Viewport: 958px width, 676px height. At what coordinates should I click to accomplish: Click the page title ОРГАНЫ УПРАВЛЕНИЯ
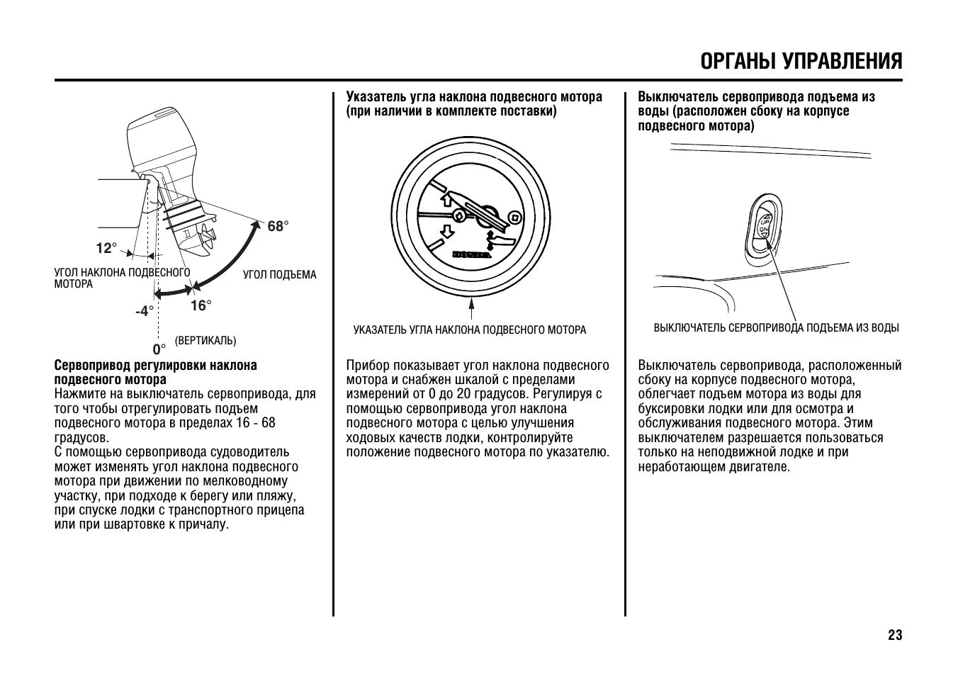[801, 61]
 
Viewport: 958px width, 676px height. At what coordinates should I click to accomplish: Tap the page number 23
[895, 635]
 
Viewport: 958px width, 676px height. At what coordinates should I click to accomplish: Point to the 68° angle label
[278, 226]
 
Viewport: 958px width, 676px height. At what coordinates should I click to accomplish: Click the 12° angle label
[106, 248]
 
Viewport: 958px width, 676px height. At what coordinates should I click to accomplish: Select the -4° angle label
[145, 311]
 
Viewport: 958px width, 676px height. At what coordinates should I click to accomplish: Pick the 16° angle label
[201, 305]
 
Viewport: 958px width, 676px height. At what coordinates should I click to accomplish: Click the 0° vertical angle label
[159, 349]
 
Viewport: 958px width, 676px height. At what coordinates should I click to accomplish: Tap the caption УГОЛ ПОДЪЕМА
[280, 274]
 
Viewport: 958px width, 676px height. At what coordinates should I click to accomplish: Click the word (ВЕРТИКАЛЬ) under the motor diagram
[205, 341]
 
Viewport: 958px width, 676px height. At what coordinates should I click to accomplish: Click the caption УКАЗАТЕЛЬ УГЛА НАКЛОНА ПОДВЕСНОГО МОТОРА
[470, 329]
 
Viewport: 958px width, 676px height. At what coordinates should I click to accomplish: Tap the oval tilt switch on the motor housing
[765, 227]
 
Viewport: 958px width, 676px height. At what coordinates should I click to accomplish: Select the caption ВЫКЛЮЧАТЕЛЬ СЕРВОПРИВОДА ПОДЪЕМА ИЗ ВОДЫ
[776, 328]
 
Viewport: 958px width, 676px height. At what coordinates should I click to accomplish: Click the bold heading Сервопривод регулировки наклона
[156, 366]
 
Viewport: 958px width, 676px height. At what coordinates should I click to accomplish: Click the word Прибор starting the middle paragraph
[366, 366]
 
